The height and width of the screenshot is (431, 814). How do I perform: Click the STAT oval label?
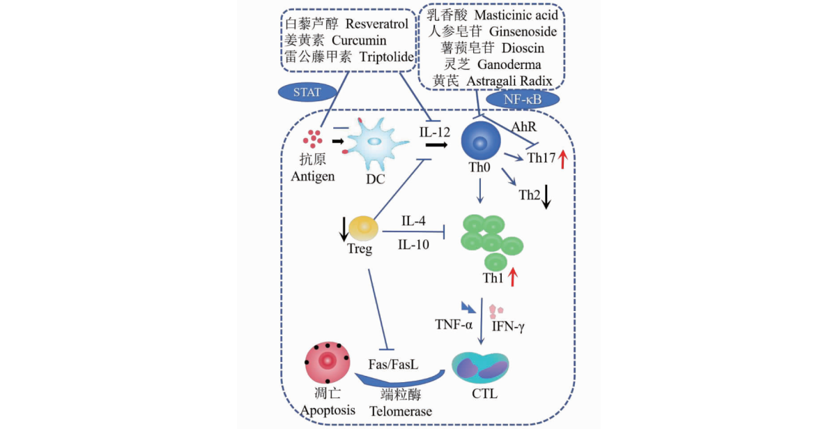click(308, 91)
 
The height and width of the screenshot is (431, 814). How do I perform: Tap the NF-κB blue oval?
click(523, 99)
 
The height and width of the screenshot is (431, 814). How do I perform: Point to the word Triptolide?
click(387, 57)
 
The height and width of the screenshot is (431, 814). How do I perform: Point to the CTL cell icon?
click(480, 368)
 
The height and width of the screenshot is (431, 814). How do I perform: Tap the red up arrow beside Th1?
click(513, 278)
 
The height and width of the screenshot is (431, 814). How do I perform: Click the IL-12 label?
click(435, 132)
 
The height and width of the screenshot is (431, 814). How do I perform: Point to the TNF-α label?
click(454, 324)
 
